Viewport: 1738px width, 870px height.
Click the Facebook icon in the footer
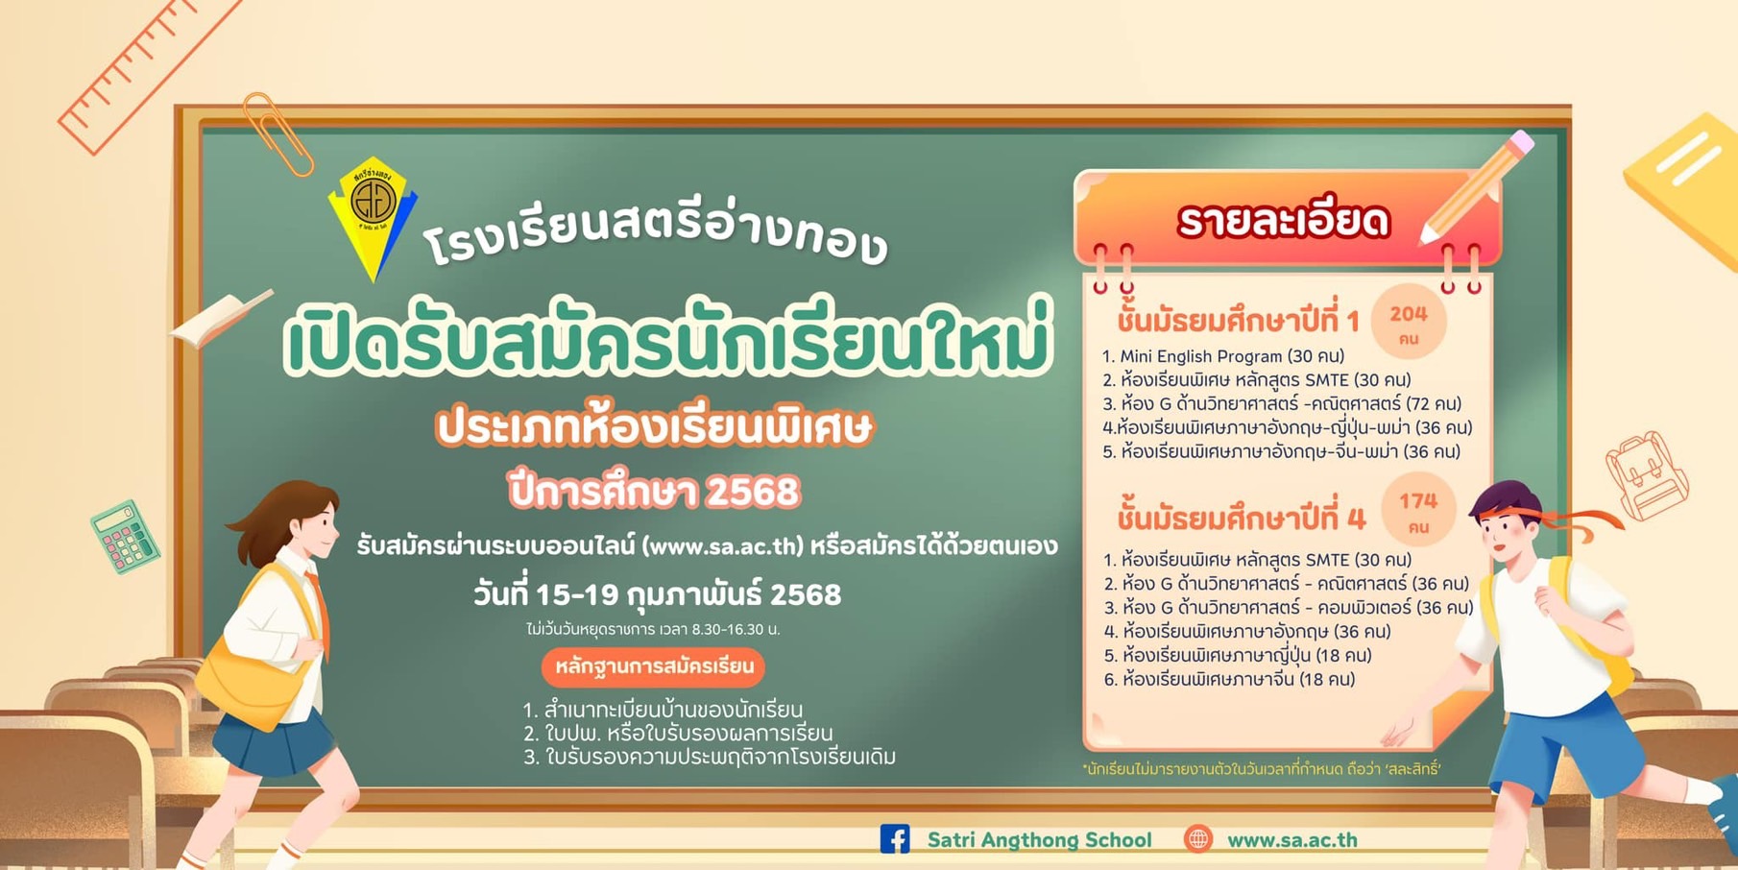pyautogui.click(x=895, y=838)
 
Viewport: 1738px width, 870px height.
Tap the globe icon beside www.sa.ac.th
pyautogui.click(x=1197, y=838)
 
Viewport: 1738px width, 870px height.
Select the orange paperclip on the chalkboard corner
pyautogui.click(x=278, y=134)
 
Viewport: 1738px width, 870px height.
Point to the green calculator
pyautogui.click(x=125, y=536)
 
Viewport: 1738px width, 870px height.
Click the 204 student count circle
pyautogui.click(x=1409, y=323)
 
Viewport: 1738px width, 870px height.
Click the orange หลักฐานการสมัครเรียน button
pyautogui.click(x=653, y=666)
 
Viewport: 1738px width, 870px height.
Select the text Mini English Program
pyautogui.click(x=1201, y=356)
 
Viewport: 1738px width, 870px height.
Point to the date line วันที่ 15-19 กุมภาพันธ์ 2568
pyautogui.click(x=657, y=594)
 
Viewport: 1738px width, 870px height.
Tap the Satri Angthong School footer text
pyautogui.click(x=1039, y=839)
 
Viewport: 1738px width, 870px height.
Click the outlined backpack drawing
pyautogui.click(x=1646, y=475)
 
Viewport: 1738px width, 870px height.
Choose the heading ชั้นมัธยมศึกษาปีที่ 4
pyautogui.click(x=1241, y=519)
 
